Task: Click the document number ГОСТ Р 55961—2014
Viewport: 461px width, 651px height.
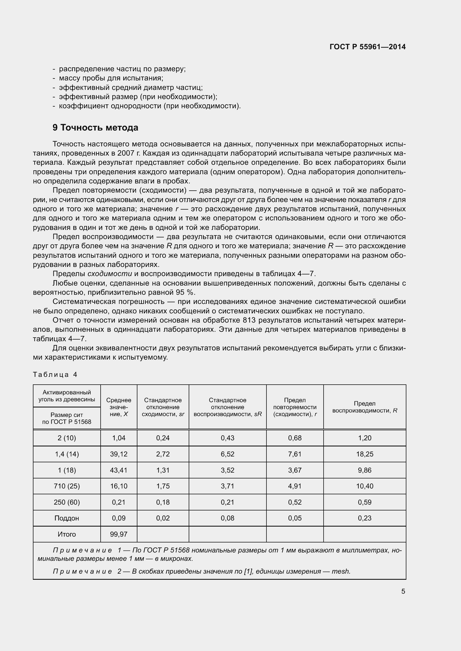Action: click(367, 47)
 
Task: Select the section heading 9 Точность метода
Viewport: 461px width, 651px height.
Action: click(95, 127)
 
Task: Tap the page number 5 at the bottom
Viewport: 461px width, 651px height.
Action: click(403, 591)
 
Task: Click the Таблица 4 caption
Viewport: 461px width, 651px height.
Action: click(55, 375)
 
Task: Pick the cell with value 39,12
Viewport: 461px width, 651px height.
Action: click(119, 454)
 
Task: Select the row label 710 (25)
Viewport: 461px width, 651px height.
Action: click(67, 486)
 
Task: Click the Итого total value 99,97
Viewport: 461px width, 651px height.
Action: click(119, 534)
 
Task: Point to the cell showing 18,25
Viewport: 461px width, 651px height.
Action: click(365, 454)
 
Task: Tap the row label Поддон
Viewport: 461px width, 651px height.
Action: click(67, 518)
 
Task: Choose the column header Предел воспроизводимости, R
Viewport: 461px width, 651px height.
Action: click(365, 407)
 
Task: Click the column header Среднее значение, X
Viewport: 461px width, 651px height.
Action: click(119, 407)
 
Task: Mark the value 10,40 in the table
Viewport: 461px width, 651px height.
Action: click(365, 486)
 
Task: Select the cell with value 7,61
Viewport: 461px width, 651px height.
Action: click(295, 454)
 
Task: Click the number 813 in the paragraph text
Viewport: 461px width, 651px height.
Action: click(249, 320)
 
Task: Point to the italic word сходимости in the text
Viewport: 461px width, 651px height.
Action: click(110, 274)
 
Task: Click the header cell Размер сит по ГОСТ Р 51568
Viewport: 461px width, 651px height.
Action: click(67, 418)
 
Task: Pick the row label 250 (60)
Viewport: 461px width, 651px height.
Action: click(67, 502)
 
